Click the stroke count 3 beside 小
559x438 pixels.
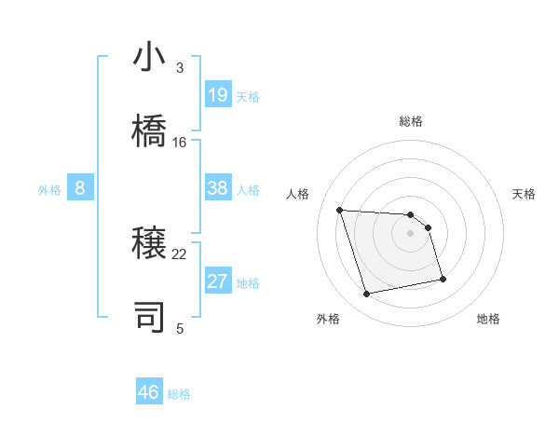pyautogui.click(x=180, y=68)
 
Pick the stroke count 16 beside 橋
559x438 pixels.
pyautogui.click(x=180, y=143)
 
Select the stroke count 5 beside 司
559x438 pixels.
pyautogui.click(x=180, y=328)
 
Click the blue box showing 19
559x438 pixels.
pyautogui.click(x=218, y=95)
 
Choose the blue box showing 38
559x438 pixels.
pyautogui.click(x=218, y=188)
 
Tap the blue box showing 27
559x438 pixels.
pyautogui.click(x=218, y=281)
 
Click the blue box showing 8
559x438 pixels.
pyautogui.click(x=80, y=188)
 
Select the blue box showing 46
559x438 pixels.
pyautogui.click(x=149, y=392)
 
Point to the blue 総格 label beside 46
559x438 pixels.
pyautogui.click(x=179, y=394)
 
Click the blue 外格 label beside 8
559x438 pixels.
pyautogui.click(x=49, y=190)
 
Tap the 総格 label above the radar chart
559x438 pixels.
pyautogui.click(x=410, y=121)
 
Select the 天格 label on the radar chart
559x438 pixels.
pyautogui.click(x=524, y=194)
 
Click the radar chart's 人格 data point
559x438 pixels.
pyautogui.click(x=340, y=210)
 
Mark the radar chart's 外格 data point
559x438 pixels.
pyautogui.click(x=367, y=294)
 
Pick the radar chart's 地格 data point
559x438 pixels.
pyautogui.click(x=443, y=279)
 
